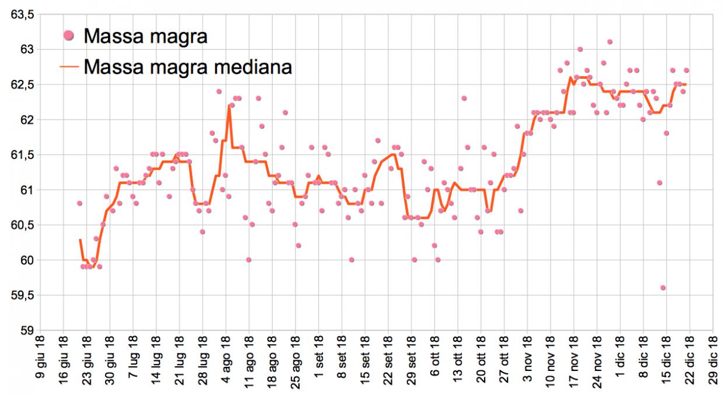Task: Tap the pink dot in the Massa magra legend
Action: [x=69, y=37]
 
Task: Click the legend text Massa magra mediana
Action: [x=187, y=66]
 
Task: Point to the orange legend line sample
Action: [x=69, y=66]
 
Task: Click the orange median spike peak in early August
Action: [x=229, y=106]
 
